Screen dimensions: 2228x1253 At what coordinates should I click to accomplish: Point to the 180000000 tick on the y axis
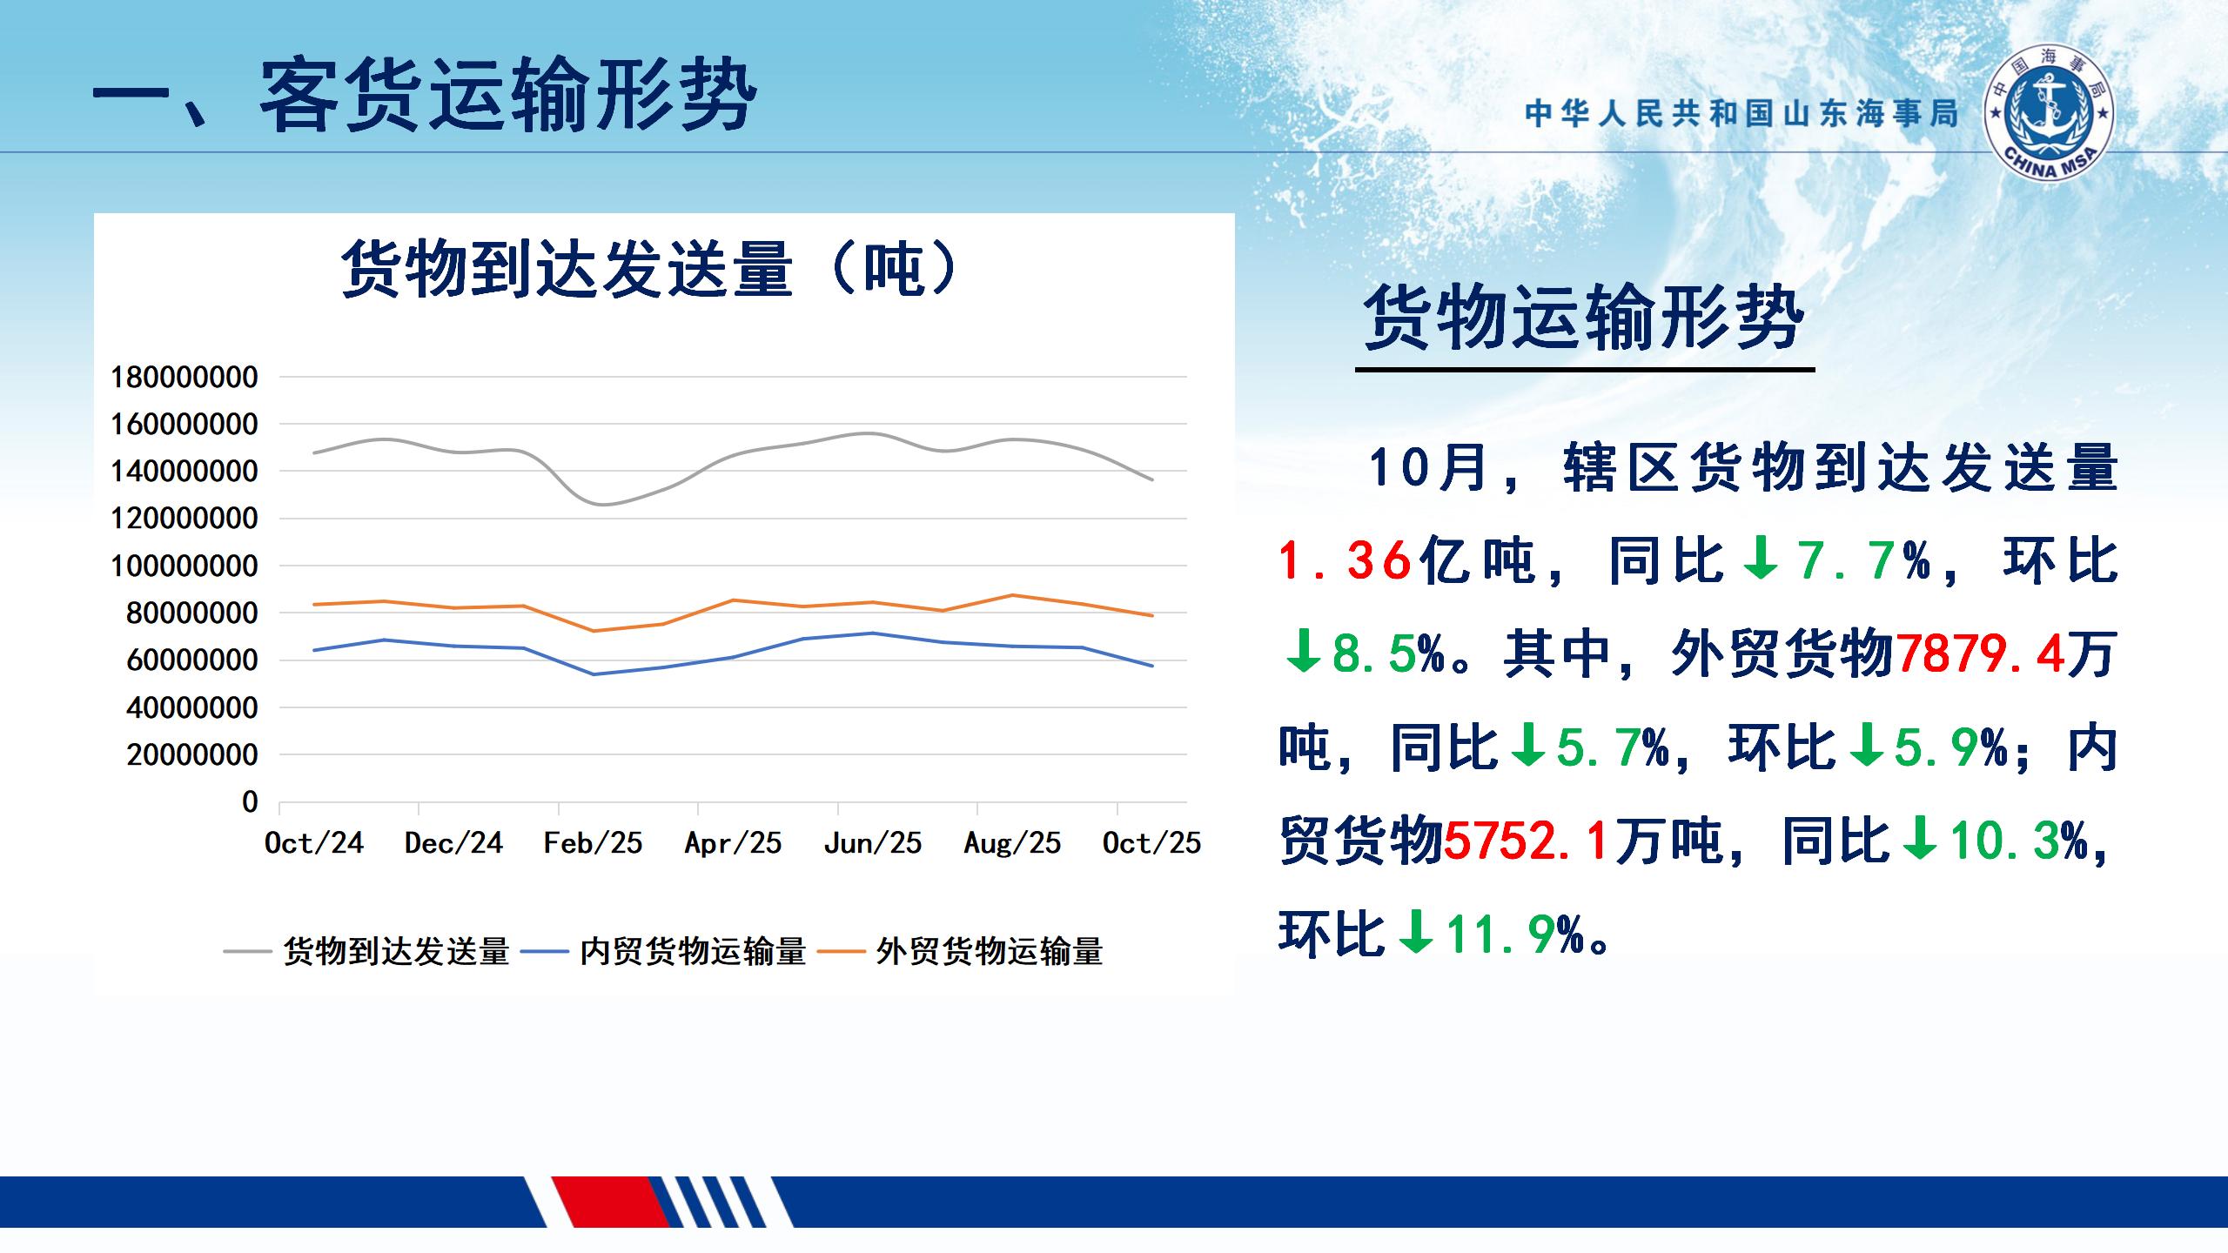click(x=184, y=378)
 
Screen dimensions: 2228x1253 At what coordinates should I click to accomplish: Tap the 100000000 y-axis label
click(x=184, y=566)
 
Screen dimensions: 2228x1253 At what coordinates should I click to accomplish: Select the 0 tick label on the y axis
click(x=250, y=801)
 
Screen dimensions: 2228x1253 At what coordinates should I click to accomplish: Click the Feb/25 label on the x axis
click(x=593, y=842)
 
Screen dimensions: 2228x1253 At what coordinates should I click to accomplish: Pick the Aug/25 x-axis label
click(x=1012, y=842)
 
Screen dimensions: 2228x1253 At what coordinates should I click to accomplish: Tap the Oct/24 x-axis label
click(x=313, y=842)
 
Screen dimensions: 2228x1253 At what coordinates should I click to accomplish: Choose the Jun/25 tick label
click(x=872, y=842)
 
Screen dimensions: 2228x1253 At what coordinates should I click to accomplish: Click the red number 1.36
click(x=1345, y=560)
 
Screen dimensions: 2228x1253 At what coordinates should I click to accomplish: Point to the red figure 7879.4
click(x=1980, y=654)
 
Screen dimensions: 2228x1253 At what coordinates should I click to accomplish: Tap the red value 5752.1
click(x=1526, y=841)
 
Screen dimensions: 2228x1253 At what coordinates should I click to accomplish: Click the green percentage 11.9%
click(x=1514, y=935)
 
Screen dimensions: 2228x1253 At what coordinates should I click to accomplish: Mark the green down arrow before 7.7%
click(x=1761, y=559)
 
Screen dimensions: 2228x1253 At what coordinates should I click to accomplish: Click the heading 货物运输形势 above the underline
click(x=1584, y=318)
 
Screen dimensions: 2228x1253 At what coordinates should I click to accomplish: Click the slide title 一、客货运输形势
click(x=424, y=96)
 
